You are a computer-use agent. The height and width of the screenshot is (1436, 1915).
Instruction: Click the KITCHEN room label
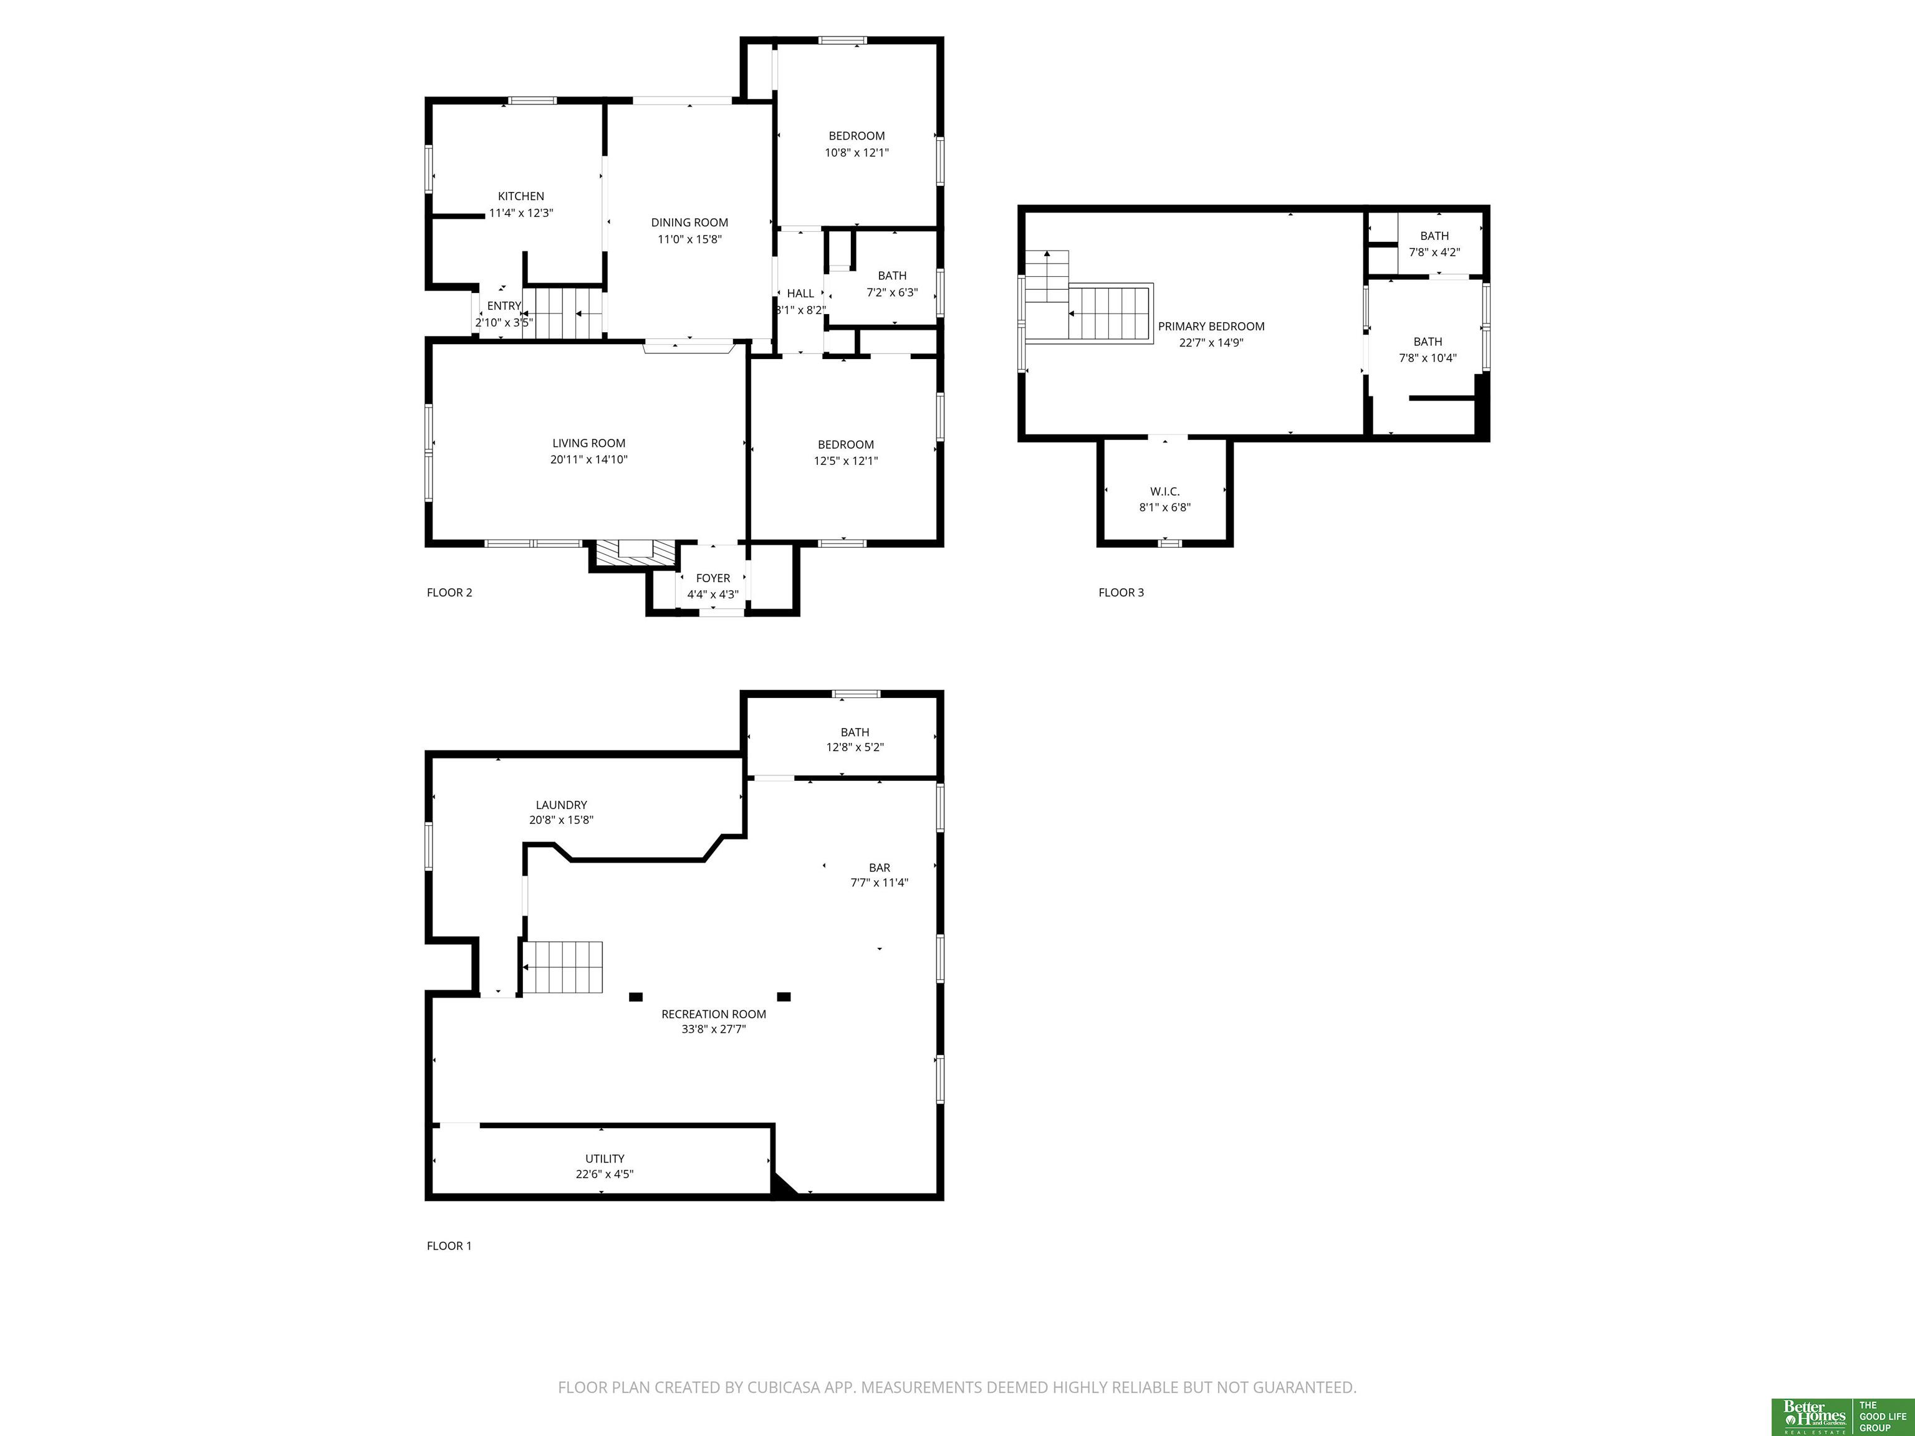point(521,196)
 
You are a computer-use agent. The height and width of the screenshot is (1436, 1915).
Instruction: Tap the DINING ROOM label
point(690,223)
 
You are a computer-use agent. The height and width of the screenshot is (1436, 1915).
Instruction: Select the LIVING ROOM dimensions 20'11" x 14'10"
point(588,459)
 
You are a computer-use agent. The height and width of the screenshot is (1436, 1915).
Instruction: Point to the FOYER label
point(713,578)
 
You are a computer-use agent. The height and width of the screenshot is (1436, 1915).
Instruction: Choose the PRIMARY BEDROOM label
point(1211,327)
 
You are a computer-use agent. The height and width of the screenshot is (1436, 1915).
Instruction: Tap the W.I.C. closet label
point(1165,492)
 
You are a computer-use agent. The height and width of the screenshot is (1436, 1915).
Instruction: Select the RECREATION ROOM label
point(713,1015)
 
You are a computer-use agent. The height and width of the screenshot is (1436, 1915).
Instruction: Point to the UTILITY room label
point(604,1159)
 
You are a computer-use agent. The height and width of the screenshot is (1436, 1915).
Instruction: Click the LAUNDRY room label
point(561,805)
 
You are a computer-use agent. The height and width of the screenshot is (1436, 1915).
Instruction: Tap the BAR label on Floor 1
point(880,868)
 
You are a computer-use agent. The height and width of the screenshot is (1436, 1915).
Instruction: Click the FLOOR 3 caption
point(1121,593)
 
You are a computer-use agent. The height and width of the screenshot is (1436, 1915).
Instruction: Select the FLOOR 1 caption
point(449,1247)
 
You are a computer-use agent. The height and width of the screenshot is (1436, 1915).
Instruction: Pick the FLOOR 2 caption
point(449,593)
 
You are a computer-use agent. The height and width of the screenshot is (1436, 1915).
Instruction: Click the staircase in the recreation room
point(561,968)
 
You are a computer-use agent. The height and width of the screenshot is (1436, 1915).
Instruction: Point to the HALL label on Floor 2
point(801,294)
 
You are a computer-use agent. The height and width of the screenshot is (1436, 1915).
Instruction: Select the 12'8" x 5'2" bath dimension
point(855,748)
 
